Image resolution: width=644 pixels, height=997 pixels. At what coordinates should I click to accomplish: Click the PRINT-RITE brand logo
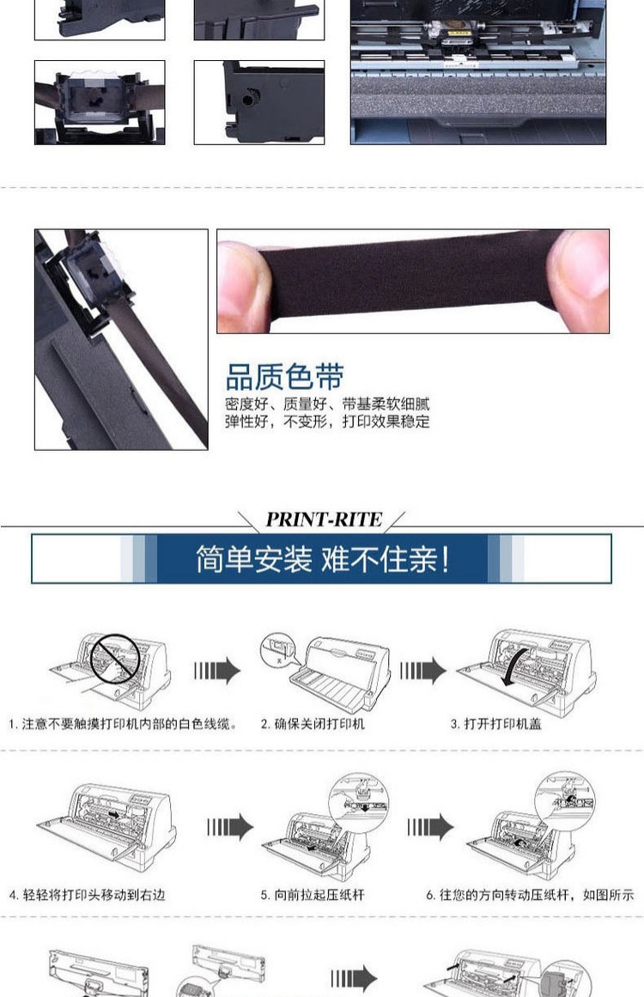point(324,520)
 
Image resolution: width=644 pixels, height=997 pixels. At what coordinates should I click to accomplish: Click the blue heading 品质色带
point(285,376)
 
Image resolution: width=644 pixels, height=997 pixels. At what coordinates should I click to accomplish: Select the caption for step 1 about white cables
point(123,724)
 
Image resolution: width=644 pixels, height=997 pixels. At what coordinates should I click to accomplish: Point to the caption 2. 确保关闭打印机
point(313,724)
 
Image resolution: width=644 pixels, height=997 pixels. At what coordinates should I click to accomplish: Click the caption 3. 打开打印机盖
point(495,724)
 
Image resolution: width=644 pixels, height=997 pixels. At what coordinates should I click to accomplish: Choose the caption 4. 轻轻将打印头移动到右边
point(87,895)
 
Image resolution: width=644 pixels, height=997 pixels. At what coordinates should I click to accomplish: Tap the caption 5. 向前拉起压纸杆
point(313,895)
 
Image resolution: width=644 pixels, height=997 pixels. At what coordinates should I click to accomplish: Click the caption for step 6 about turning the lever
point(530,895)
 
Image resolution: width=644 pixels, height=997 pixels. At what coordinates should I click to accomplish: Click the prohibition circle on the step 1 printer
point(115,659)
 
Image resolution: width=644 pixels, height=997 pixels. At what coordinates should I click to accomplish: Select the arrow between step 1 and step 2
point(217,671)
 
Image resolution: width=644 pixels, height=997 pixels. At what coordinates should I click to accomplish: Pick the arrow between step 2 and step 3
point(423,671)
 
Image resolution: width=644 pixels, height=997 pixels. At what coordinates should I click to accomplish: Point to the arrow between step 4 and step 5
point(230,827)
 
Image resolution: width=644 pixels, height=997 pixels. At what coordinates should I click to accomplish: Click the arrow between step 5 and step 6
point(430,827)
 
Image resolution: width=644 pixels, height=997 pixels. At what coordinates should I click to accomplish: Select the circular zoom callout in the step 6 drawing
point(564,801)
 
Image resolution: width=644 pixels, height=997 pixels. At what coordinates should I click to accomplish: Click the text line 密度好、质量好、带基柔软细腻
point(327,404)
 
